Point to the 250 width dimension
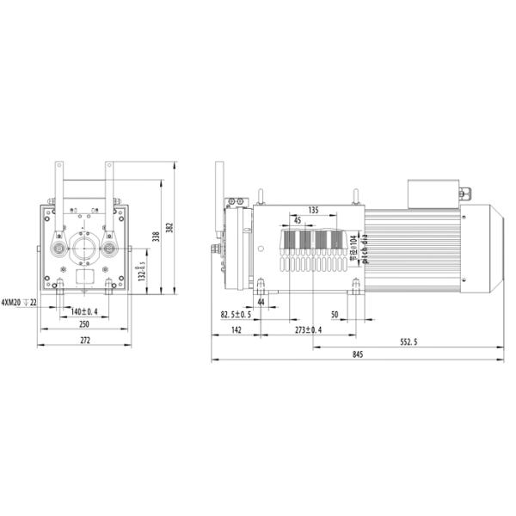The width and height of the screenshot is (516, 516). click(x=84, y=325)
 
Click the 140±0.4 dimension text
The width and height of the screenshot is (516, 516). click(x=84, y=311)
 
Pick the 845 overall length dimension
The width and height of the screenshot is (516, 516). click(x=358, y=355)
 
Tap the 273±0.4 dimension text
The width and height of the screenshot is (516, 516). click(x=308, y=329)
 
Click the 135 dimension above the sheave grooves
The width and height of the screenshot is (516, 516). click(x=313, y=210)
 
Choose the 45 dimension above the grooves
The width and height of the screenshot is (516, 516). click(x=298, y=219)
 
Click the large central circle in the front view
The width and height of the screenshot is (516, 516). click(x=84, y=249)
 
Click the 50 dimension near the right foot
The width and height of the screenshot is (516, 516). click(x=335, y=315)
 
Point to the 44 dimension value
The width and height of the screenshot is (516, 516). click(x=261, y=302)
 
